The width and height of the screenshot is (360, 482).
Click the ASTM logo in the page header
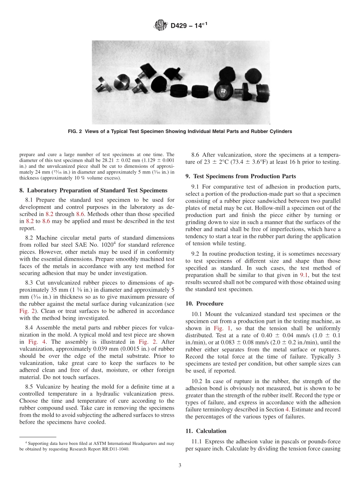click(161, 26)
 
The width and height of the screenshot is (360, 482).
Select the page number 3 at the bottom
click(180, 465)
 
